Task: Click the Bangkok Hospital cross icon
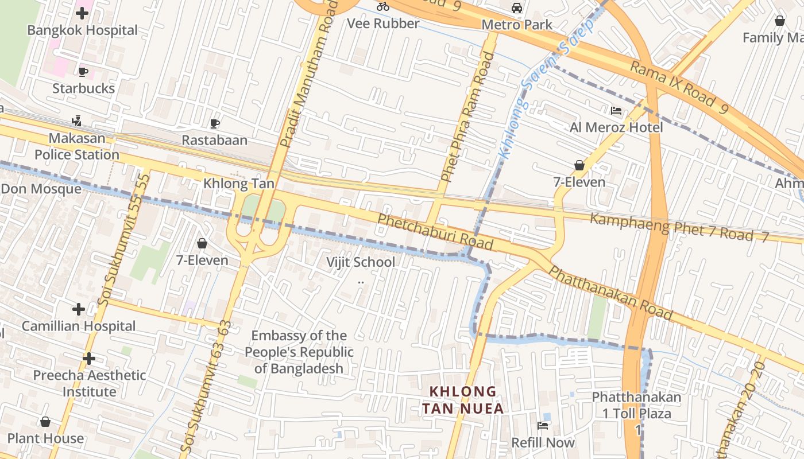pos(82,13)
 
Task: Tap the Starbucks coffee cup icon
pos(83,72)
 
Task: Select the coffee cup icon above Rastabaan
pos(214,123)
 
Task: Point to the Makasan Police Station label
pos(76,146)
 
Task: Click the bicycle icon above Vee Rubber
pos(383,7)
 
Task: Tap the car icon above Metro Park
pos(517,8)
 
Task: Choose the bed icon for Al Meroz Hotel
pos(616,111)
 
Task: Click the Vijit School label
pos(361,262)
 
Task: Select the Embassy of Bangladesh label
pos(299,352)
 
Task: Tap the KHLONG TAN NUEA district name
pos(463,400)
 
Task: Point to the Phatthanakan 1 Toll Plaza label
pos(636,405)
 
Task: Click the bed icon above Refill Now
pos(543,425)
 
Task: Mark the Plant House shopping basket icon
pos(45,422)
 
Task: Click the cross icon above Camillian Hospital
pos(79,309)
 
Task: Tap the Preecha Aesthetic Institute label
pos(89,383)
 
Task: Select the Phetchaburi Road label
pos(435,232)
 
